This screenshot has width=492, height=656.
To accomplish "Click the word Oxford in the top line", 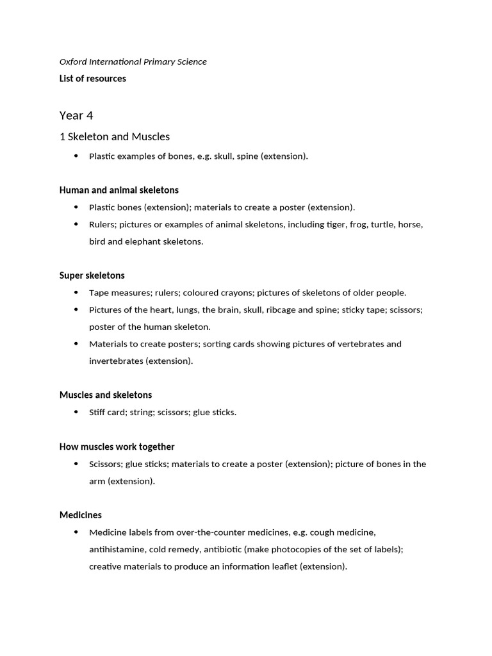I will tap(74, 61).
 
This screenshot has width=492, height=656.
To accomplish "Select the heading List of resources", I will tap(92, 79).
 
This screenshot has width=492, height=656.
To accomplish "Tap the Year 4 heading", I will tap(76, 115).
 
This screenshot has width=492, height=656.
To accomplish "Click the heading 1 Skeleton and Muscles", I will tap(114, 136).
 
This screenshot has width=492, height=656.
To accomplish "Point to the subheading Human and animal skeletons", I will tap(119, 190).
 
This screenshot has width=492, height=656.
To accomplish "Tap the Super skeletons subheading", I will tap(92, 275).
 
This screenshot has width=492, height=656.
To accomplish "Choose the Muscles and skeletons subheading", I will tap(106, 395).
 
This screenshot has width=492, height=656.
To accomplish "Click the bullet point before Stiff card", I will tap(76, 412).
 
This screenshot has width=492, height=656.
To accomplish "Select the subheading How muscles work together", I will tap(117, 447).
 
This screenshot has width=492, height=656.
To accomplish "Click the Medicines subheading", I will tap(81, 515).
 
